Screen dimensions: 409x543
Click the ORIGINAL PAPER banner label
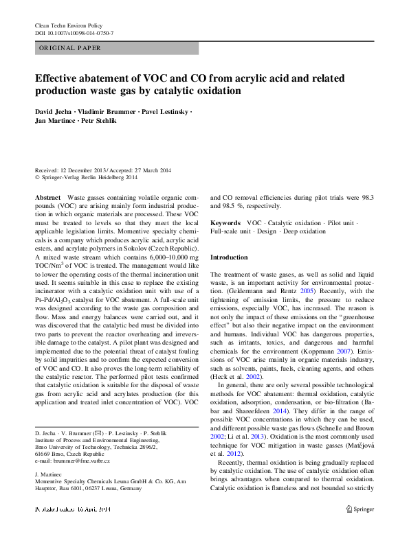[x=70, y=48]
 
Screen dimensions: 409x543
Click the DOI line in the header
[x=74, y=33]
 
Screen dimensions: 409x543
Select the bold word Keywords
[x=225, y=223]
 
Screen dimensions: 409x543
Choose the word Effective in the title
[x=58, y=78]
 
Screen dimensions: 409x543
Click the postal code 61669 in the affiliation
[x=43, y=454]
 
